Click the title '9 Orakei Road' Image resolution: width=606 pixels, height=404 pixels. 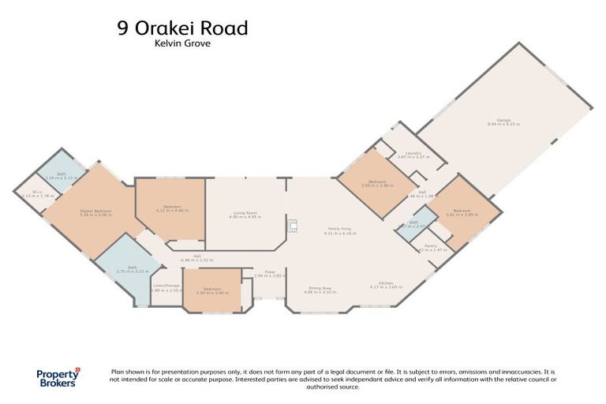[182, 28]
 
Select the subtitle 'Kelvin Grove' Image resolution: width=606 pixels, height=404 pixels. [182, 45]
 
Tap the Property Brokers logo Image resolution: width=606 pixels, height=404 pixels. [59, 378]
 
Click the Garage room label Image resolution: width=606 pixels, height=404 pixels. [503, 122]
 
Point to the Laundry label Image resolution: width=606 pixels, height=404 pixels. [413, 155]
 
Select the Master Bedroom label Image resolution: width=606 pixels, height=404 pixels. [95, 211]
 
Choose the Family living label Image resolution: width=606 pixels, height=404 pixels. [340, 230]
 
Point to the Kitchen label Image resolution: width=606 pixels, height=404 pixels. [387, 284]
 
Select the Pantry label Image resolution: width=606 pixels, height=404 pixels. [430, 246]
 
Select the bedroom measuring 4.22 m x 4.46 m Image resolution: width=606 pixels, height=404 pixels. [171, 210]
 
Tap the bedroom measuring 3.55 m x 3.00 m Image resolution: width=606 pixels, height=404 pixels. [211, 291]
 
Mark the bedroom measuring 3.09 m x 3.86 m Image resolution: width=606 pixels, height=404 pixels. [377, 183]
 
